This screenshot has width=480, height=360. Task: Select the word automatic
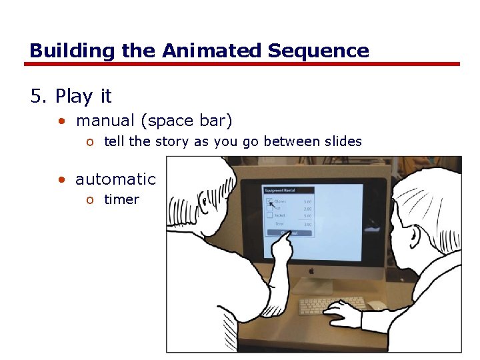tap(115, 179)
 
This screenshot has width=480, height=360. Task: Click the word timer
tap(121, 199)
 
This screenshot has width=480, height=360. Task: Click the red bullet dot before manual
tap(61, 121)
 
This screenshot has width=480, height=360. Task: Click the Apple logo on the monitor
tap(310, 271)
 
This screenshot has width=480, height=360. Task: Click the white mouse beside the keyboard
tap(377, 305)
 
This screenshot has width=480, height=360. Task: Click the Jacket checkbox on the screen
tap(269, 215)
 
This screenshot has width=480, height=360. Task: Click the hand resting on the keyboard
tap(343, 312)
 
